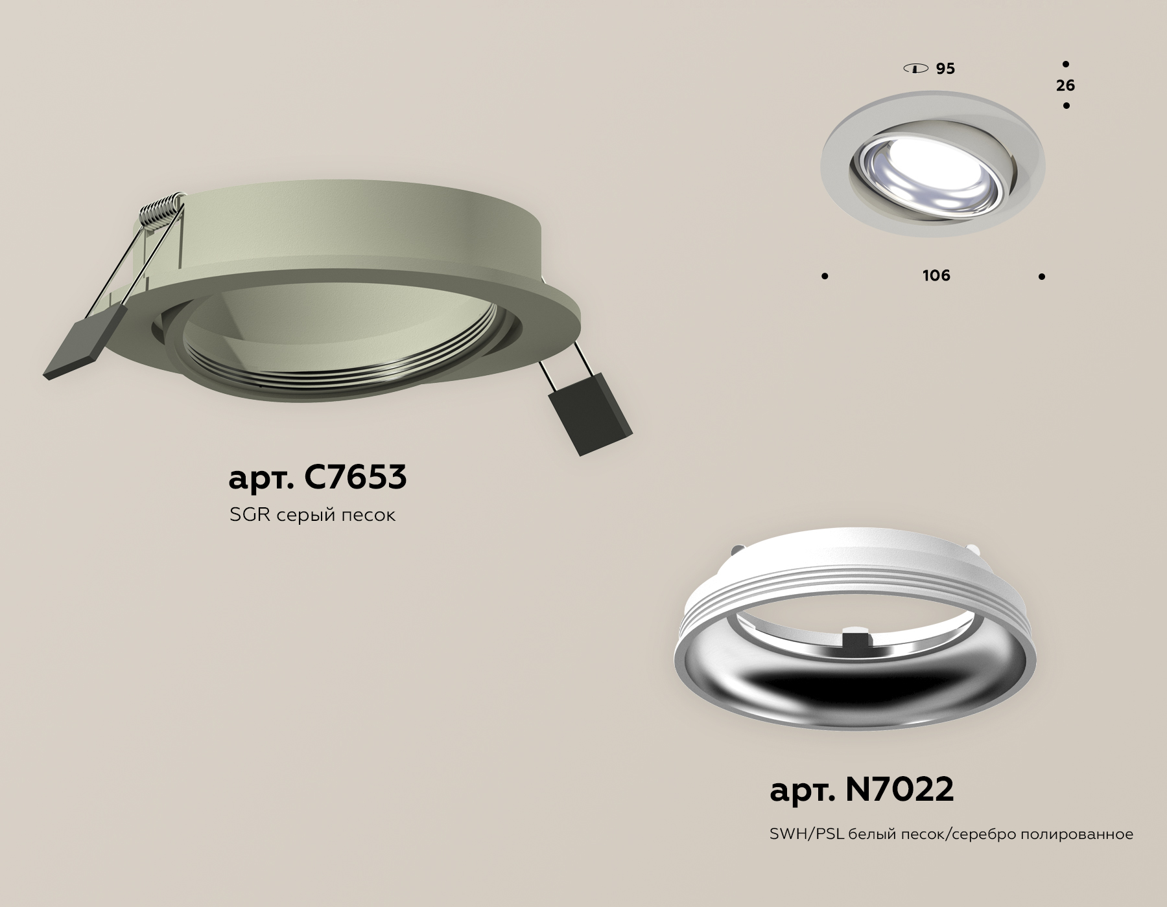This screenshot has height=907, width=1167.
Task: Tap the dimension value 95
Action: coord(945,69)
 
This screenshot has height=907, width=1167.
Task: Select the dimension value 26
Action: coord(1065,86)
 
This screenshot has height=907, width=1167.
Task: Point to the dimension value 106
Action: coord(936,276)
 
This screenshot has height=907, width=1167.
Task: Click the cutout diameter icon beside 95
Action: coord(915,68)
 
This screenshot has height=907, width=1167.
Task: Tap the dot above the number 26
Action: coord(1066,65)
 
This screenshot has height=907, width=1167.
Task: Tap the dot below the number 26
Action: coord(1066,106)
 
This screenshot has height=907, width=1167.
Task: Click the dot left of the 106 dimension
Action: coord(825,277)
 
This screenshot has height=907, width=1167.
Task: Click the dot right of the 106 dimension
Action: coord(1042,277)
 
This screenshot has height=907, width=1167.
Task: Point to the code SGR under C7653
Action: coord(250,515)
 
